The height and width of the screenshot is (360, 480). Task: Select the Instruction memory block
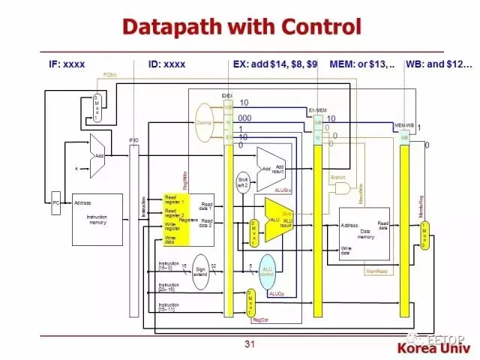pyautogui.click(x=97, y=218)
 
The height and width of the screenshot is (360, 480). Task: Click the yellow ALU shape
pyautogui.click(x=277, y=220)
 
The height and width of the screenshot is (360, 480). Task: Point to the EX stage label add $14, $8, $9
pyautogui.click(x=275, y=64)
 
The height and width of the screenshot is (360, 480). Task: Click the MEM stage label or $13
pyautogui.click(x=362, y=64)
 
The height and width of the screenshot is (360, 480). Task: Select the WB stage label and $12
pyautogui.click(x=439, y=64)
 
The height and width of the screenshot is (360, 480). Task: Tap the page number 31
pyautogui.click(x=250, y=344)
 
